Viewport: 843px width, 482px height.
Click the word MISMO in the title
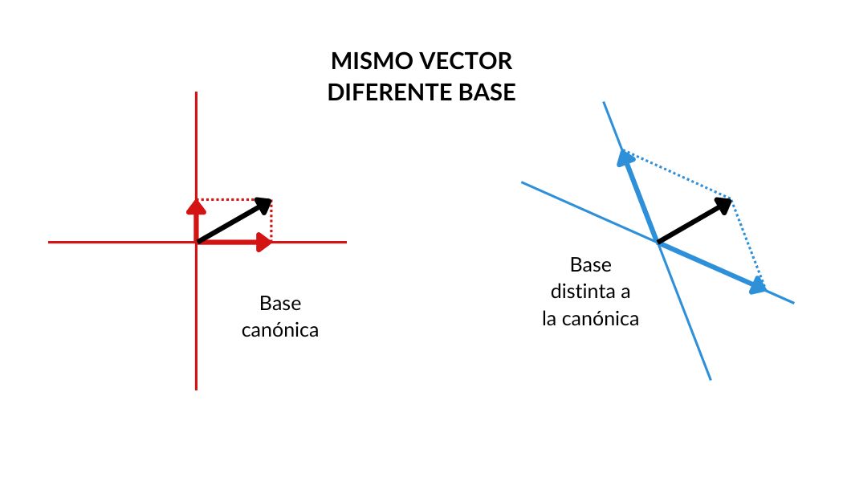click(x=368, y=63)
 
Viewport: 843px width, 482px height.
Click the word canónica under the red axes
click(x=280, y=330)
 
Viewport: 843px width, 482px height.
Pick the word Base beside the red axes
click(x=280, y=304)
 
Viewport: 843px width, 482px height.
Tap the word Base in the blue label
click(x=590, y=265)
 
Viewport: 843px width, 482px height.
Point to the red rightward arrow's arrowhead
click(x=263, y=242)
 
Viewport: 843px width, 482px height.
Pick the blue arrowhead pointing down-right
click(x=757, y=286)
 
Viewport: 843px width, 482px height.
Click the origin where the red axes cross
click(x=196, y=242)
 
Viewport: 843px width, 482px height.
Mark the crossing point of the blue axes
click(x=658, y=242)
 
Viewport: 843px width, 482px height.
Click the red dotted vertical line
click(x=272, y=222)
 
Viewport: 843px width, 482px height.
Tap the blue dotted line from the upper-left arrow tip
click(x=678, y=174)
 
